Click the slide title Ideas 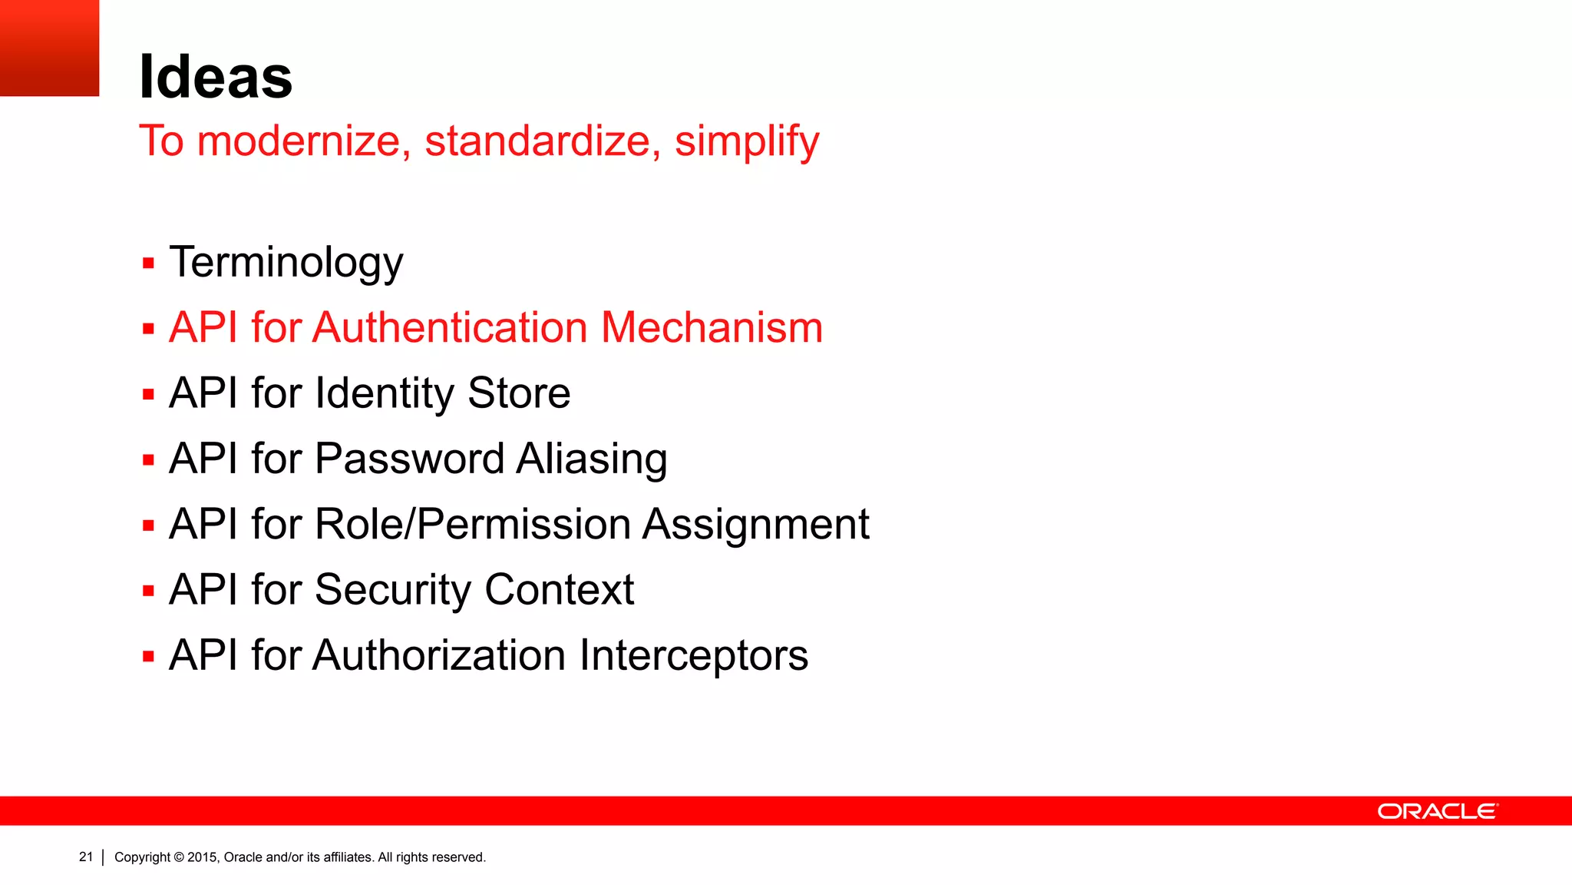click(x=216, y=77)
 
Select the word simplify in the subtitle click(x=746, y=141)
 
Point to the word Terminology click(x=286, y=263)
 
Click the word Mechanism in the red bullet click(x=712, y=328)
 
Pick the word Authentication click(x=450, y=328)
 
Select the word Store click(x=519, y=393)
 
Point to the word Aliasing click(x=591, y=459)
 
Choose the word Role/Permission click(x=472, y=525)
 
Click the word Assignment click(x=755, y=525)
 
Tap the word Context click(x=559, y=590)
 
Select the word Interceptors click(x=693, y=656)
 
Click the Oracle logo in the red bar click(x=1437, y=811)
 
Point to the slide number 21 click(x=86, y=857)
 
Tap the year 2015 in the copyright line click(x=202, y=857)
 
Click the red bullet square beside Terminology click(x=149, y=264)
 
